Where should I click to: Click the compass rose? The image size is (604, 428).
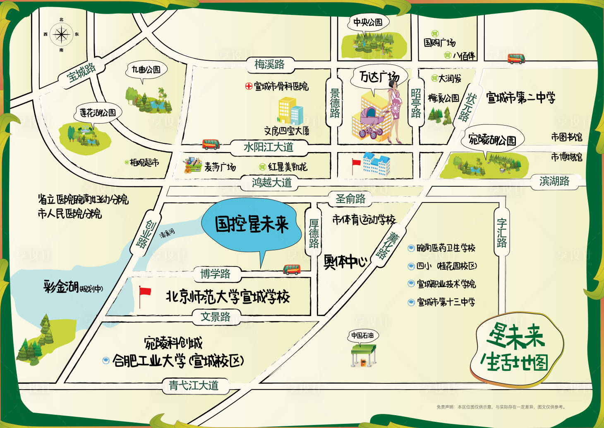(x=61, y=35)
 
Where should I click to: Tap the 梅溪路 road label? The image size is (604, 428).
(x=269, y=64)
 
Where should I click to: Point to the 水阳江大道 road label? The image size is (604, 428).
(x=268, y=147)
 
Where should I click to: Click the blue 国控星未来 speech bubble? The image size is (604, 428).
(x=252, y=225)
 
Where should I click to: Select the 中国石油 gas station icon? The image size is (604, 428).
(x=363, y=354)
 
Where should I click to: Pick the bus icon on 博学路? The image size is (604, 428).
(x=292, y=270)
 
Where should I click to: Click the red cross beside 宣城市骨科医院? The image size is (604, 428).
(x=249, y=86)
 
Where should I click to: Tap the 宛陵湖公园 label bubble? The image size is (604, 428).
(x=492, y=140)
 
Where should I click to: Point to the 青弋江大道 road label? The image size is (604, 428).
(x=193, y=385)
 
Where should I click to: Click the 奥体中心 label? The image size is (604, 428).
(x=345, y=262)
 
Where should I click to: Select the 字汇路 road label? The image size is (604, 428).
(x=501, y=233)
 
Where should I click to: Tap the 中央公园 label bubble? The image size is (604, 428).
(x=367, y=23)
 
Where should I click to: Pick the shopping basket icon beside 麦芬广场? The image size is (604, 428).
(x=192, y=165)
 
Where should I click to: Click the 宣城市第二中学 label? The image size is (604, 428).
(x=520, y=98)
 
